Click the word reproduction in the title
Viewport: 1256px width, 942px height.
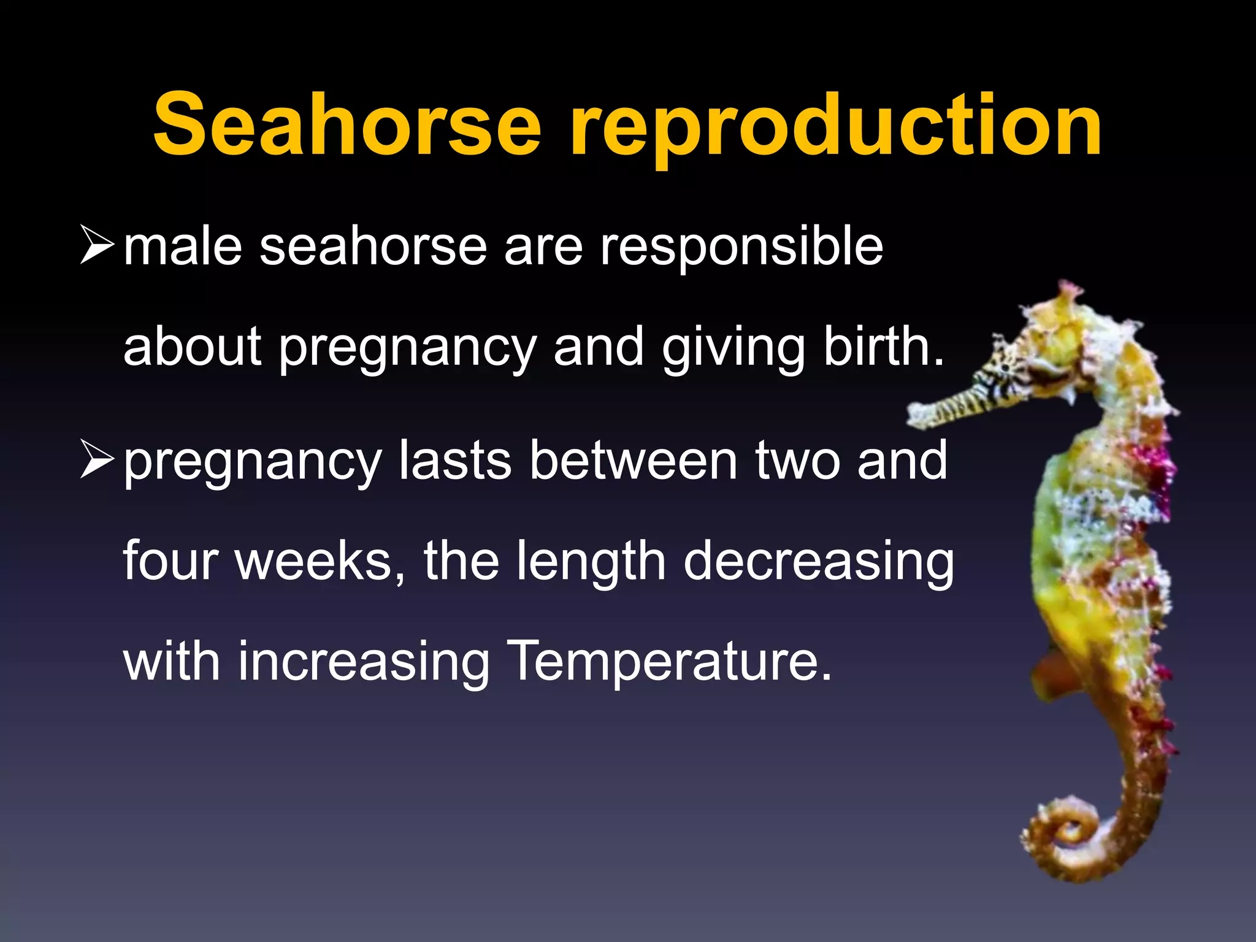click(835, 129)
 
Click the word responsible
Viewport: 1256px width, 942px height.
click(741, 248)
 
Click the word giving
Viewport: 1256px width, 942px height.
click(733, 350)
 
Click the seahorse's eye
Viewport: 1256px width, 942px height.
click(1006, 368)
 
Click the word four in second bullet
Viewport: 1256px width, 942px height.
click(170, 561)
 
